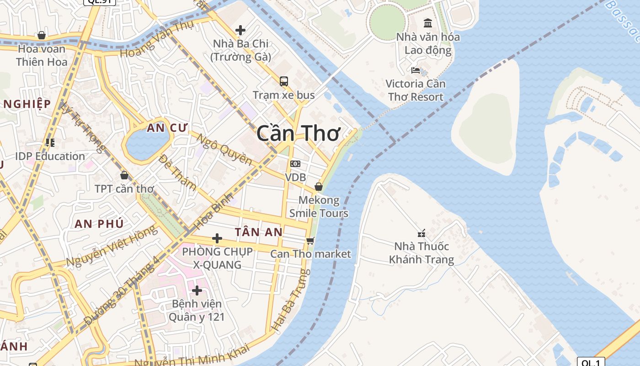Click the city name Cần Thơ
[298, 133]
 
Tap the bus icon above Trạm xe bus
[284, 81]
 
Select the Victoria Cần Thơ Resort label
[415, 90]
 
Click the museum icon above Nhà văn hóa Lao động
[428, 23]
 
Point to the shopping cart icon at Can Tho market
[310, 241]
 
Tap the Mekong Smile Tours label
[319, 207]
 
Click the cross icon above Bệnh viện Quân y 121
[197, 291]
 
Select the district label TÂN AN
[259, 232]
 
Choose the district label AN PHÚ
[99, 224]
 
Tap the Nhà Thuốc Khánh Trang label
[421, 253]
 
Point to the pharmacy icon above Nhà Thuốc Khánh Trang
[421, 233]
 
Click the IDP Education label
[50, 156]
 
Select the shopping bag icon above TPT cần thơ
[124, 175]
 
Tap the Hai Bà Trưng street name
[292, 300]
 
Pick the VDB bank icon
[295, 164]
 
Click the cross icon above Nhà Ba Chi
[240, 30]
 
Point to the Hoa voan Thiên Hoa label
[42, 55]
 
